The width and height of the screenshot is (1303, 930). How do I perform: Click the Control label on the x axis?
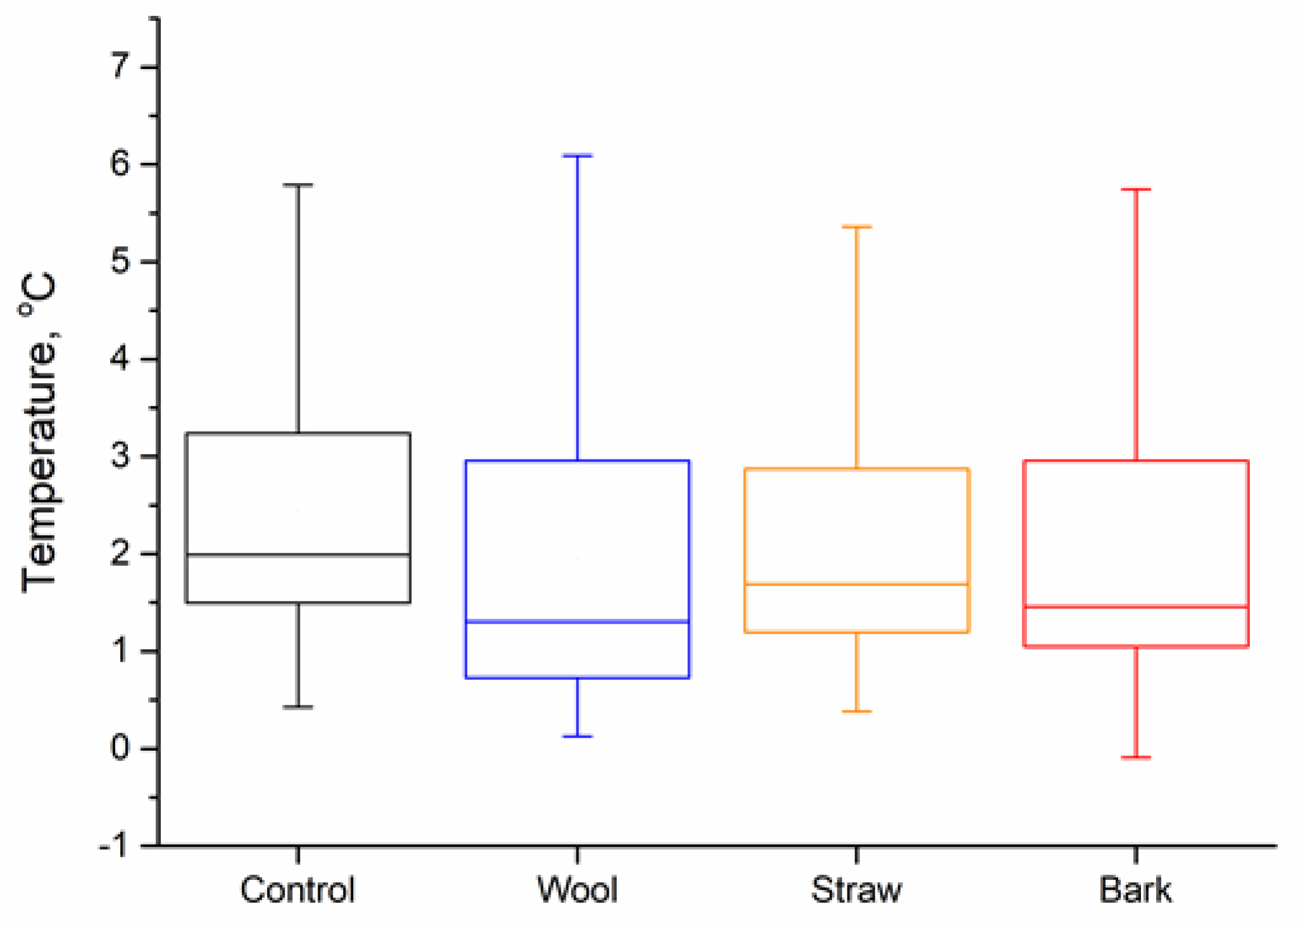297,889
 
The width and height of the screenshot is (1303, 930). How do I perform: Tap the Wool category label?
577,889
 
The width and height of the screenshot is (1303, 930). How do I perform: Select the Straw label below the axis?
856,889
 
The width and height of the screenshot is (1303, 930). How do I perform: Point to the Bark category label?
1135,889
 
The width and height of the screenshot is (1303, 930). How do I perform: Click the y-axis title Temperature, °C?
39,433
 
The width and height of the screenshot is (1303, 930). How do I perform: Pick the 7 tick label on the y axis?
120,66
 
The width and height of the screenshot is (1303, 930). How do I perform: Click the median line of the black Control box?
298,555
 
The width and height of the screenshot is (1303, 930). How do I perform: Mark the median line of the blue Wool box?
577,621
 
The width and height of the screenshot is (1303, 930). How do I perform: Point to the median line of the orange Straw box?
857,584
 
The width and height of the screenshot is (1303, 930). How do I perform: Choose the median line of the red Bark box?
1136,607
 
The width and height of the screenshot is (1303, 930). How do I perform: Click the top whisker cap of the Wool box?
577,155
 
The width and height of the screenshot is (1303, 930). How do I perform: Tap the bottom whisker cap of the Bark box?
1136,757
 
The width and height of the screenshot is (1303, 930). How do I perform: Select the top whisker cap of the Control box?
298,185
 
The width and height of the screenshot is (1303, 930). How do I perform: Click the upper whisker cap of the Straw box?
857,226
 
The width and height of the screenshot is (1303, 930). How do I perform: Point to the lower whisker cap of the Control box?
298,707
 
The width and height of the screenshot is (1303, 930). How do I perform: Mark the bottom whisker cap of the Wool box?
577,736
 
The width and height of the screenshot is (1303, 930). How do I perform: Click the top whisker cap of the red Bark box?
1136,189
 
